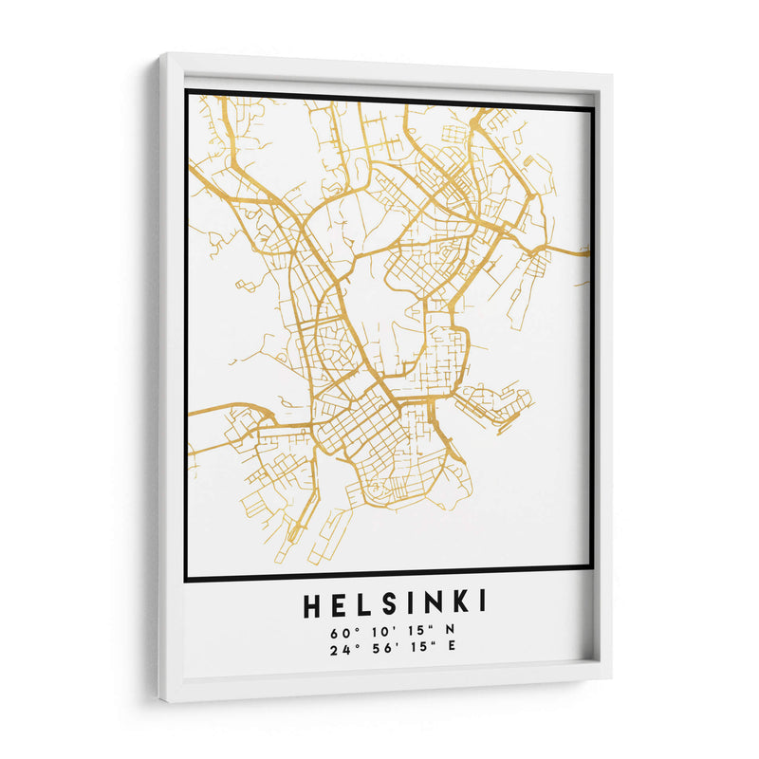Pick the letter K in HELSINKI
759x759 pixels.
460,604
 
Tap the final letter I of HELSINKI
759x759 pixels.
483,604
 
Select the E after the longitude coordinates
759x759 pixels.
451,649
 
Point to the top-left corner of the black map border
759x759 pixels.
187,91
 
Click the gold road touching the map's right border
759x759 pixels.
583,252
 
